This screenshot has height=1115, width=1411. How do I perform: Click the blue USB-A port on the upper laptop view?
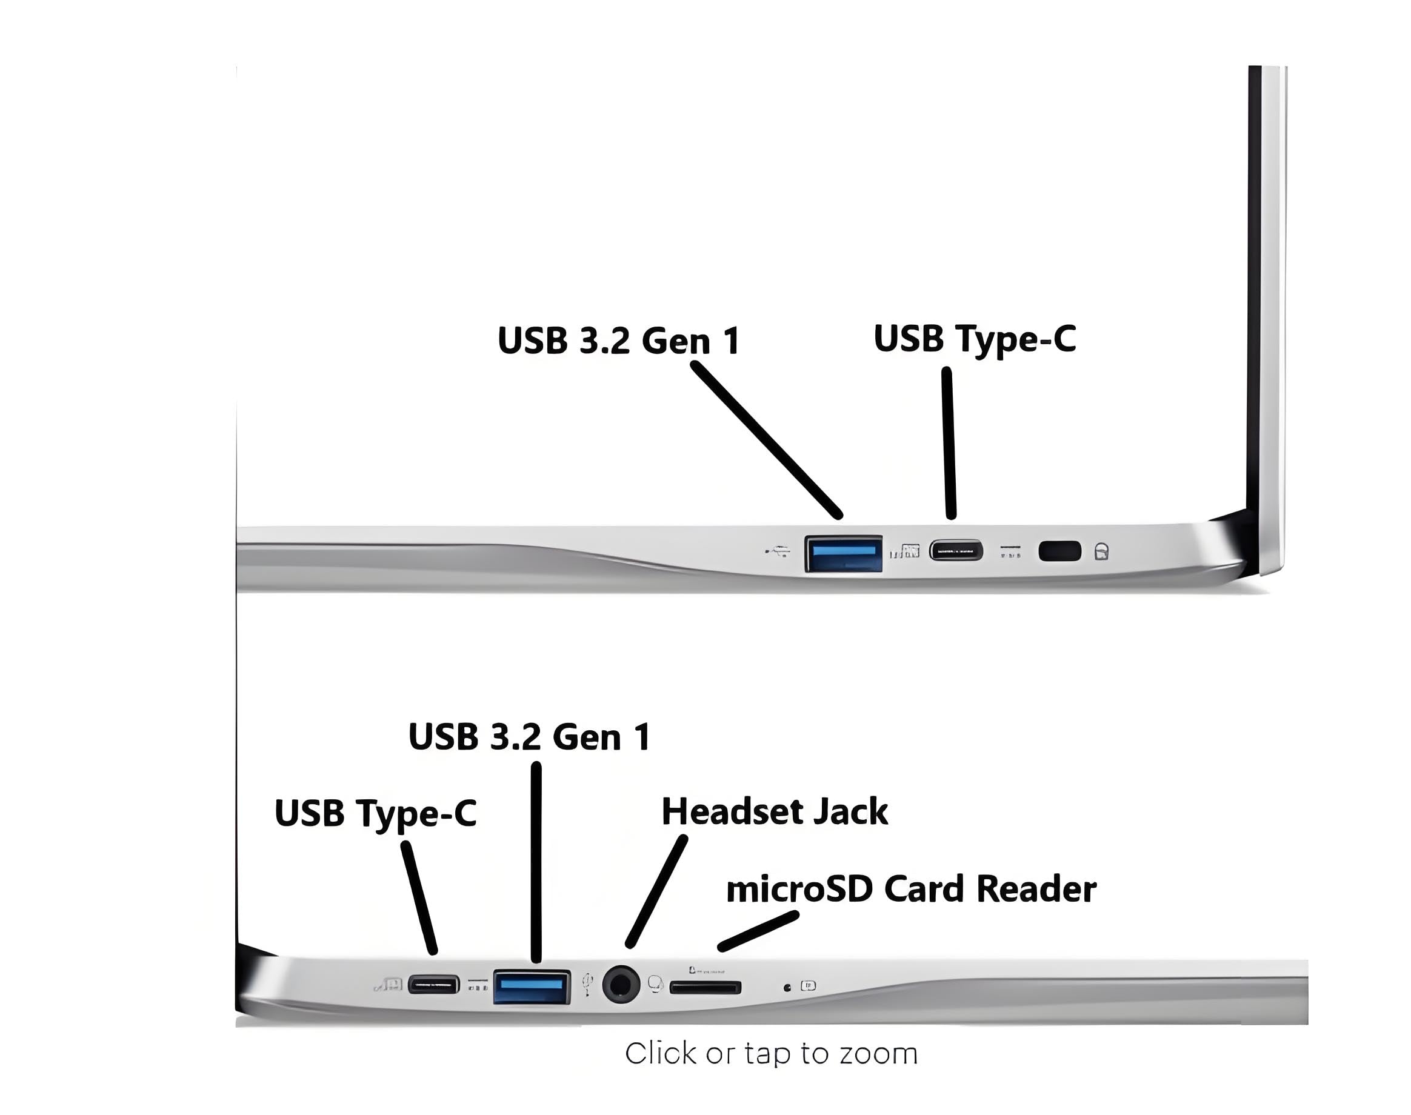[x=843, y=553]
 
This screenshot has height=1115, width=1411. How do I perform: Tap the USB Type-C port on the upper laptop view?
[x=956, y=550]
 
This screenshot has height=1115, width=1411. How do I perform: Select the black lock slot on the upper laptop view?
[x=1059, y=551]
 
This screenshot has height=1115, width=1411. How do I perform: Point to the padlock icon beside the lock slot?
[x=1101, y=551]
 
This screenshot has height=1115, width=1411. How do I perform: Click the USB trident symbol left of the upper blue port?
[x=777, y=552]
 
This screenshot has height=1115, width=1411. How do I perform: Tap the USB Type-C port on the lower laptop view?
[x=433, y=985]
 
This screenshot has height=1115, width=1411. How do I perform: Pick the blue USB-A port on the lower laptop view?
[x=531, y=987]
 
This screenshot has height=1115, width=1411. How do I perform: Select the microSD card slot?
[x=705, y=987]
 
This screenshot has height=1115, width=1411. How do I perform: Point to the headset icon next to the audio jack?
[x=656, y=984]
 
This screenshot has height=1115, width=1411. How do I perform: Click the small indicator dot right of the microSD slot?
[x=787, y=988]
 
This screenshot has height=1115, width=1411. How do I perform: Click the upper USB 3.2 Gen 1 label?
[x=618, y=340]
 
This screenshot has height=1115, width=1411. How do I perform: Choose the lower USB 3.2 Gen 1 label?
[x=529, y=736]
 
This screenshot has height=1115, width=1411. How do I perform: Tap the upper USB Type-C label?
[x=974, y=339]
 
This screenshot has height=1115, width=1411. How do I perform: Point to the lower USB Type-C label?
[x=375, y=813]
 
